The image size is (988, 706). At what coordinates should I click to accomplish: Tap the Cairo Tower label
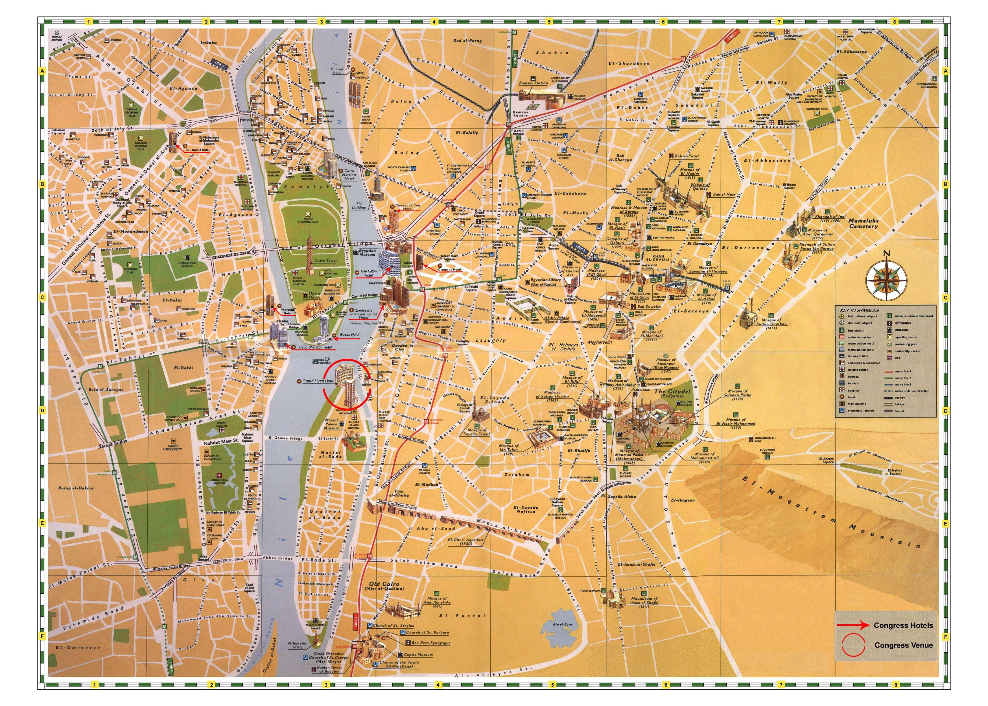(325, 260)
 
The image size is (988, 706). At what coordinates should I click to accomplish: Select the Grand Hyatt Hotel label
(318, 381)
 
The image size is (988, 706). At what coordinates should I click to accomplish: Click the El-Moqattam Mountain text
(825, 513)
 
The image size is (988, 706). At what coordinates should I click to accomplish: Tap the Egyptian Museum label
(367, 252)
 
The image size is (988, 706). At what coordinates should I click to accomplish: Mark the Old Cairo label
(384, 586)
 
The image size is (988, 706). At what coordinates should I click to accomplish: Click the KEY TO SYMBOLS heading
(859, 310)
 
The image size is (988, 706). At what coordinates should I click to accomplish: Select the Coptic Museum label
(418, 654)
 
